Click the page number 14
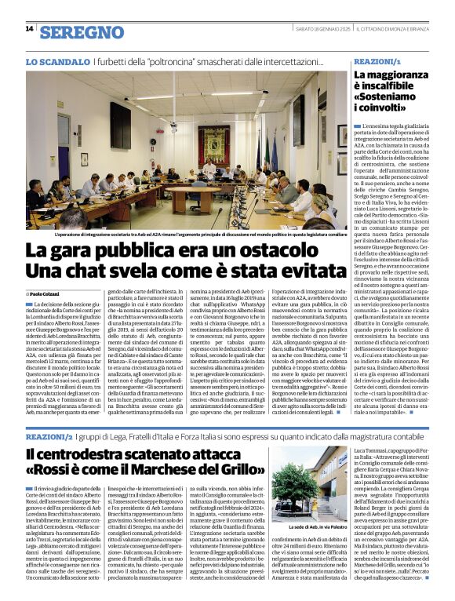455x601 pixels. point(29,29)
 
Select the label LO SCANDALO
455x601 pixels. point(58,61)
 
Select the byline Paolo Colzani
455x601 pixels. point(49,293)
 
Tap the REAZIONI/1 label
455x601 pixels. point(377,60)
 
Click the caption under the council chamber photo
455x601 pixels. point(187,234)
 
